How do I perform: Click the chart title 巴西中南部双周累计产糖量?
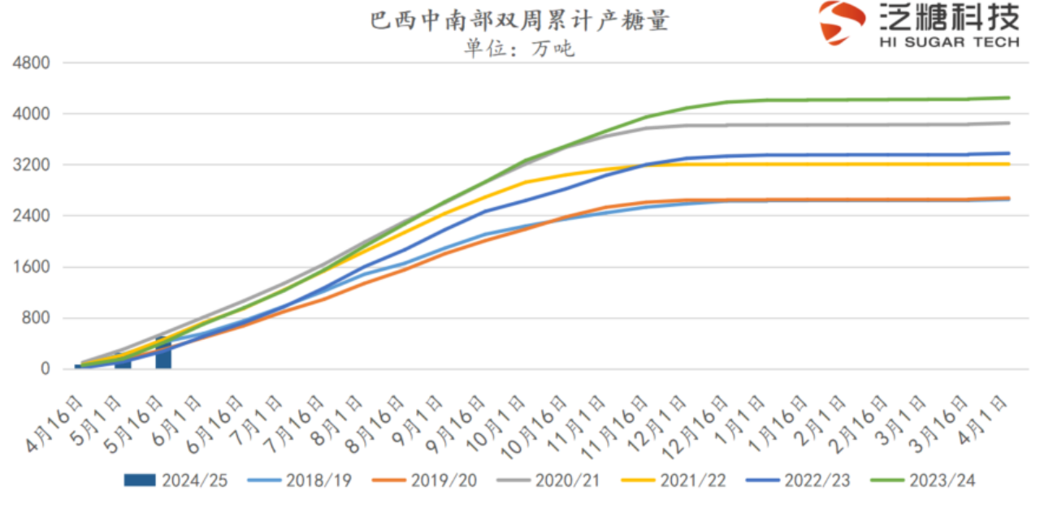click(520, 20)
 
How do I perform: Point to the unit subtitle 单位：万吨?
click(519, 49)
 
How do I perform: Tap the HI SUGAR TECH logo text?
click(949, 41)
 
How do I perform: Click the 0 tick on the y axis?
click(45, 369)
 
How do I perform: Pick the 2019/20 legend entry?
click(425, 480)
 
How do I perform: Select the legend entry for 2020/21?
click(549, 480)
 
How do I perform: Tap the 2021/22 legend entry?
click(674, 480)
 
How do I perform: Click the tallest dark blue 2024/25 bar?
click(163, 354)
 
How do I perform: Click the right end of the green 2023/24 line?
click(1008, 97)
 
